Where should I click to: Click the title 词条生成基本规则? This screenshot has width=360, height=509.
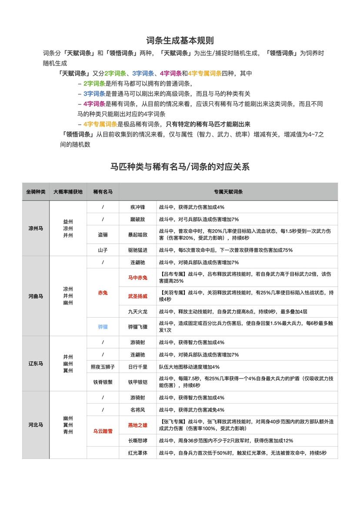point(180,40)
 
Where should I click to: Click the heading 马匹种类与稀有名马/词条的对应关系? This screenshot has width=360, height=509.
point(180,167)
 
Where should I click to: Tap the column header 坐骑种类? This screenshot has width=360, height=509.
point(36,191)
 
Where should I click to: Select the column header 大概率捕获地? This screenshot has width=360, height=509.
point(68,191)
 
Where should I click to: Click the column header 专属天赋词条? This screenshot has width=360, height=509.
point(228,191)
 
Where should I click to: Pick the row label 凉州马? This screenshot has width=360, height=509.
point(36,228)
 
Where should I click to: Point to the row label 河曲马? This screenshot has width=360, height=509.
point(36,296)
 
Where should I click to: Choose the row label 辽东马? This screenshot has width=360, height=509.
point(36,363)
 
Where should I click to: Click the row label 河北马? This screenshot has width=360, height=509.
point(36,425)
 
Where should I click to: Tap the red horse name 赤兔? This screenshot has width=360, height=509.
point(103,293)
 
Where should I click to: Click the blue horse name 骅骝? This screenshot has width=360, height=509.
point(103,326)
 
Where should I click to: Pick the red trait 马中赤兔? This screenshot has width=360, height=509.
point(138,278)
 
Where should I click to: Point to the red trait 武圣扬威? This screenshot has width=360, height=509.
point(138,296)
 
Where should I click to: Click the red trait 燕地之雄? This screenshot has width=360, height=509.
point(138,425)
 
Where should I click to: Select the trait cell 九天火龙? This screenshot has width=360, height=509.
point(138,311)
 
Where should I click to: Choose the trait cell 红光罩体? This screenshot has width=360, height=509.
point(138,452)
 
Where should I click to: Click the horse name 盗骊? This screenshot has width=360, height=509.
point(103,234)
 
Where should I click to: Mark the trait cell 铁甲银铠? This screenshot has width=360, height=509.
point(138,382)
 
